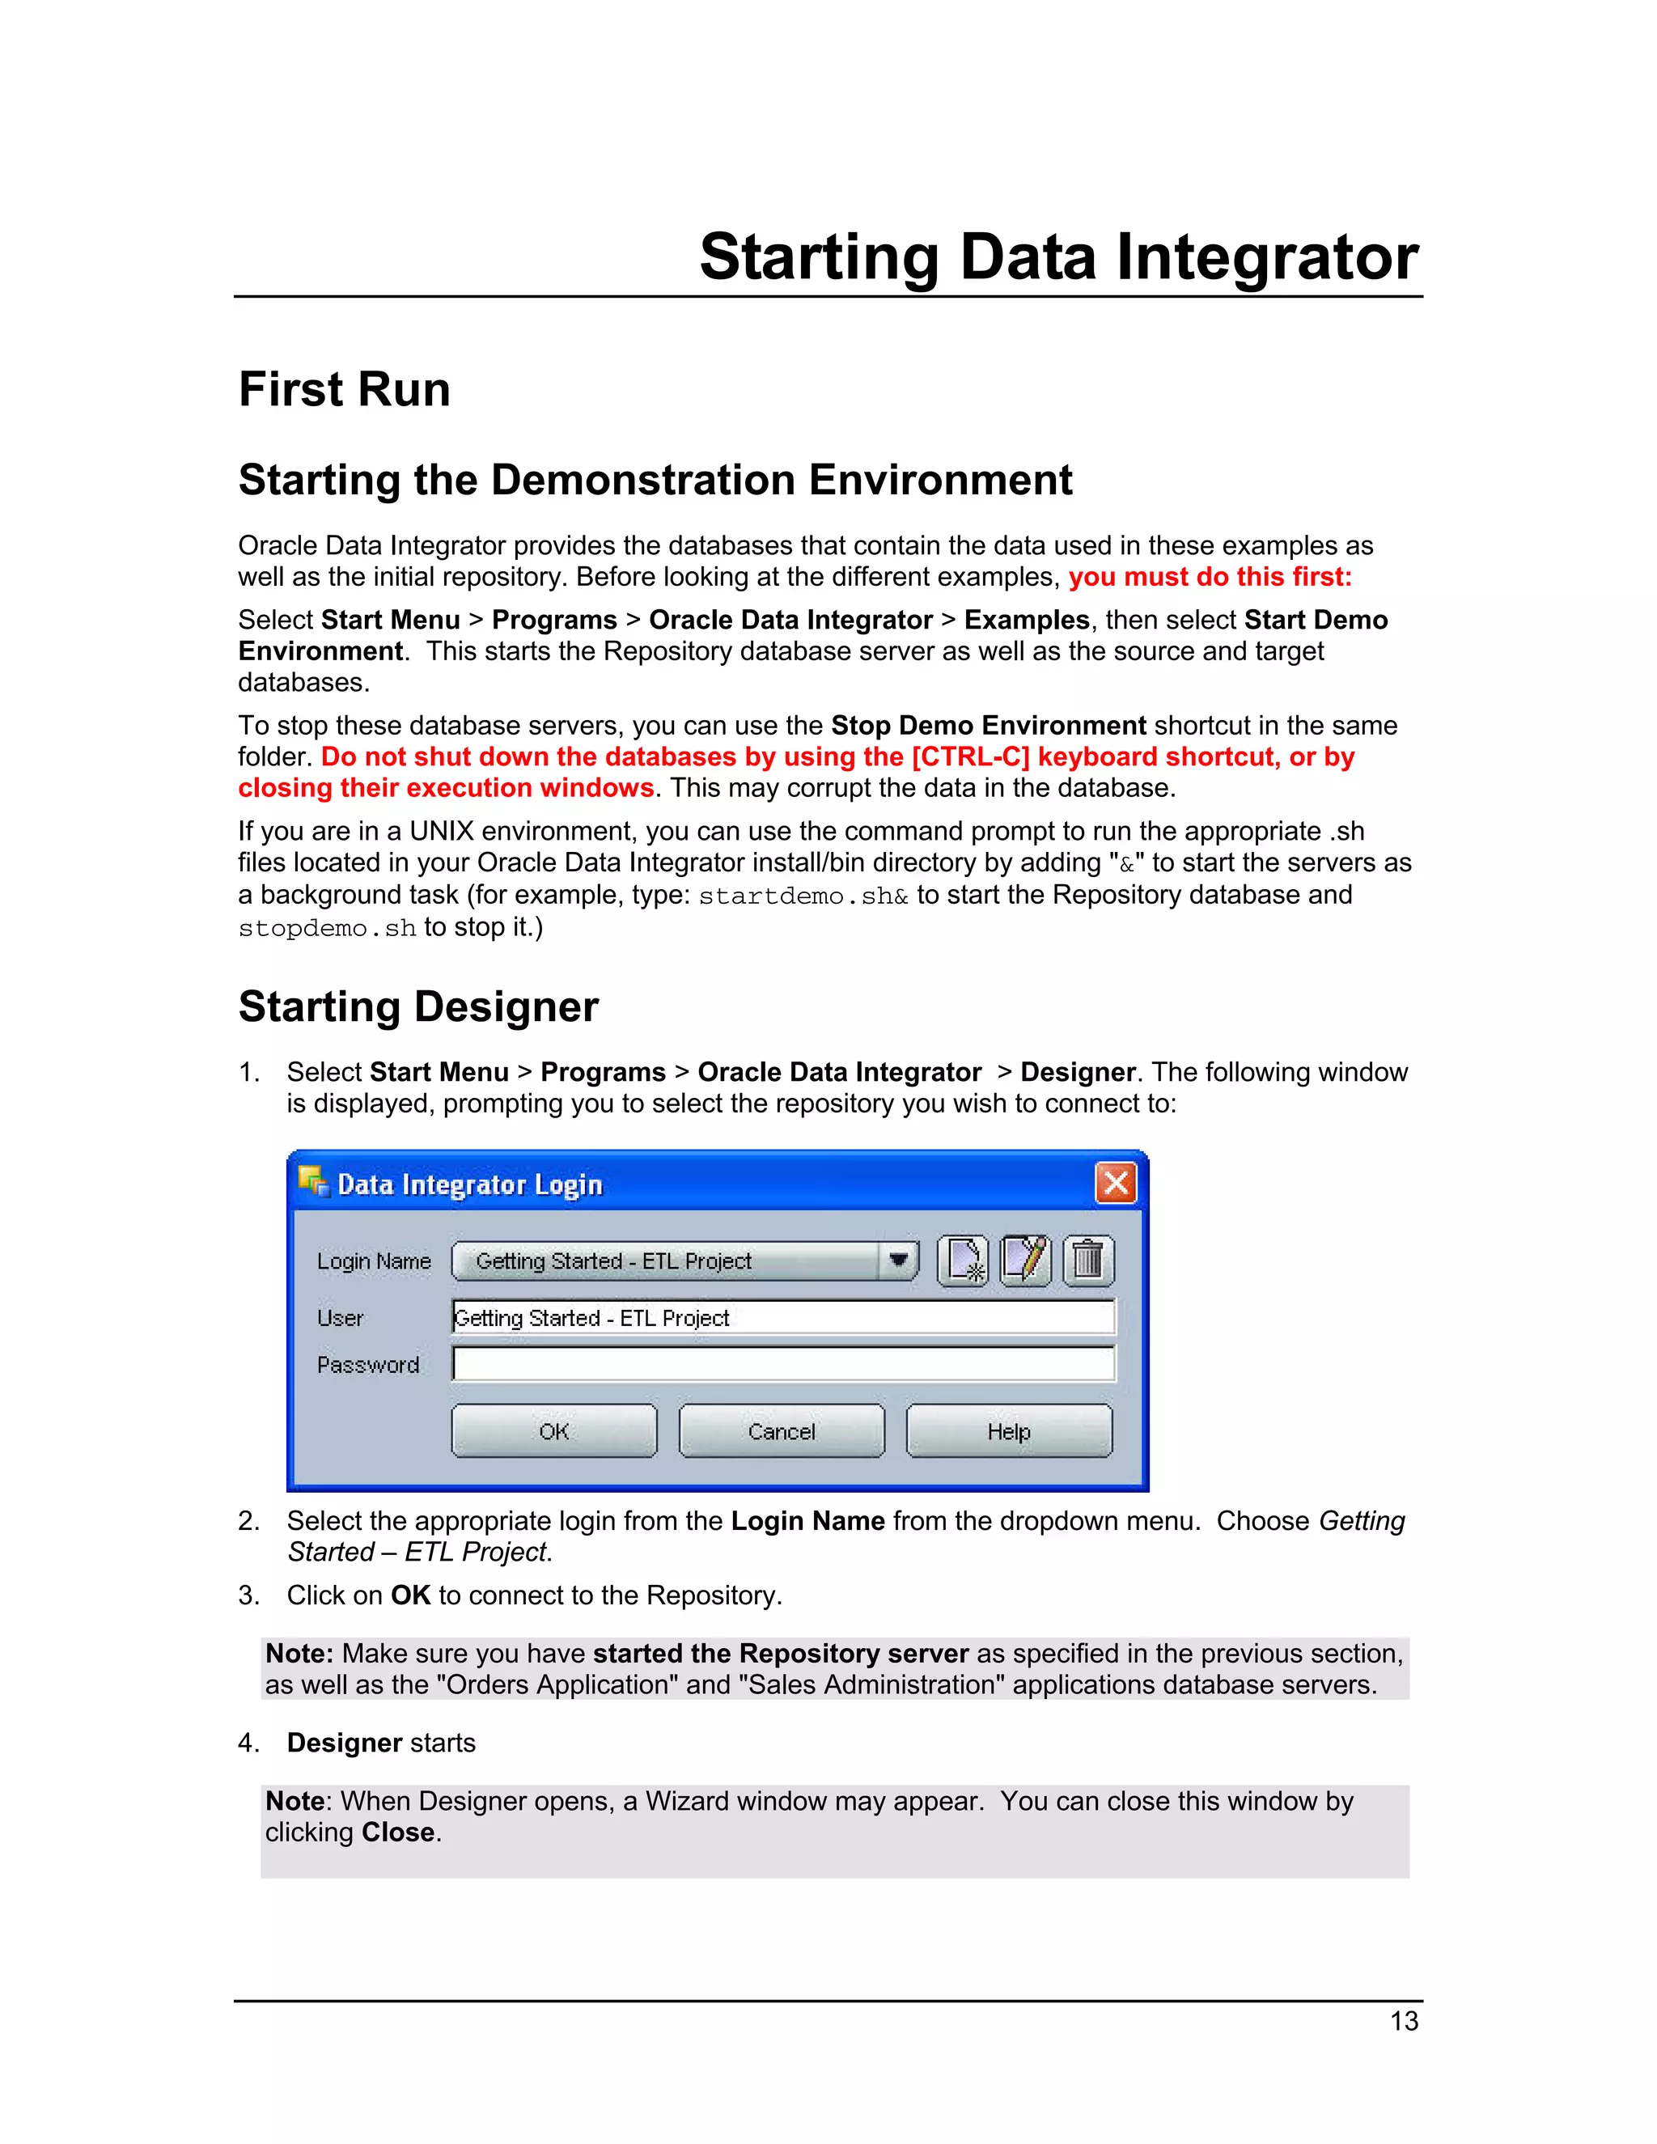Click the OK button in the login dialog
pos(553,1430)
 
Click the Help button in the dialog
pos(1008,1430)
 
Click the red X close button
pos(1115,1183)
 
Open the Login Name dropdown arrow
pos(897,1261)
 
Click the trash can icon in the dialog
pos(1087,1261)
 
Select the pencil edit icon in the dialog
pos(1025,1261)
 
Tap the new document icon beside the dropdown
pos(963,1261)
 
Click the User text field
pos(783,1317)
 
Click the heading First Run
pos(345,390)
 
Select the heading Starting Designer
pos(418,1007)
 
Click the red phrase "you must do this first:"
pos(1210,577)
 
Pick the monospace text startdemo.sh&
pos(803,896)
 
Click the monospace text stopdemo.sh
pos(327,929)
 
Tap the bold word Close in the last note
pos(397,1833)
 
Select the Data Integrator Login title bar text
pos(469,1185)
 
